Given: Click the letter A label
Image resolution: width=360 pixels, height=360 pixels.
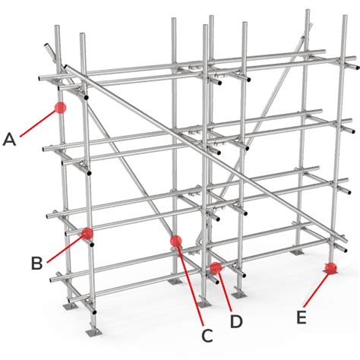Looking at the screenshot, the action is click(9, 140).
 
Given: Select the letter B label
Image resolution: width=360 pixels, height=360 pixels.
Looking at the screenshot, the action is click(36, 264).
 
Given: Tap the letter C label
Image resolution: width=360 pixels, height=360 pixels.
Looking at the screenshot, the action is click(207, 336).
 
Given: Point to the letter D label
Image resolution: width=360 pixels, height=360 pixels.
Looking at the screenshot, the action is click(236, 321).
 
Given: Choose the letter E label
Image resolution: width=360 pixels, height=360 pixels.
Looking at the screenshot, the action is click(302, 317).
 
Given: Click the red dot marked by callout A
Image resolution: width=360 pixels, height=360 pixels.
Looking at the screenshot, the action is click(61, 108).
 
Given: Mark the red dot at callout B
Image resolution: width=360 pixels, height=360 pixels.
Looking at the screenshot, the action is click(87, 233).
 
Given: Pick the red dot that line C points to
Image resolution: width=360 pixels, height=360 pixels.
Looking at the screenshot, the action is click(176, 241).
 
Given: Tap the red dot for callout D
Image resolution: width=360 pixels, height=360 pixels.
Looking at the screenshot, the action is click(216, 268).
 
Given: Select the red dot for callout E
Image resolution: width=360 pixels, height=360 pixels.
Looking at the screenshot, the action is click(331, 268).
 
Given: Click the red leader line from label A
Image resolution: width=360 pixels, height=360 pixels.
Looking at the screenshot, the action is click(38, 124).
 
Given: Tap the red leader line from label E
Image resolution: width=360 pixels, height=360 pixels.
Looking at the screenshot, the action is click(317, 290).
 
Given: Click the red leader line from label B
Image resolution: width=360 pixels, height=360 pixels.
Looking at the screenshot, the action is click(65, 248).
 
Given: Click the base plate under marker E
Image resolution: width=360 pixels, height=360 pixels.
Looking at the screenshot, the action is click(331, 272).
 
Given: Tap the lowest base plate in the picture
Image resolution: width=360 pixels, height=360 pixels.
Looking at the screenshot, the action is click(93, 332).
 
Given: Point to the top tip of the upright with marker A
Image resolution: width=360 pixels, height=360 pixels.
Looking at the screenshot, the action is click(57, 26).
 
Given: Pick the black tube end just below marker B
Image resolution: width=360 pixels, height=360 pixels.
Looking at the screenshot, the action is click(92, 245).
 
